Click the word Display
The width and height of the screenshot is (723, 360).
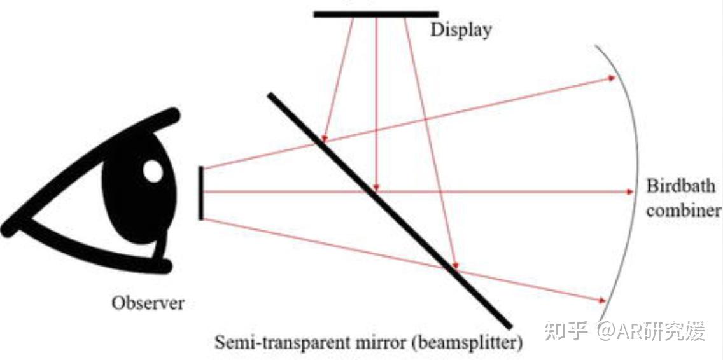click(461, 29)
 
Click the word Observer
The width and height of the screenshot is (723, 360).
click(148, 303)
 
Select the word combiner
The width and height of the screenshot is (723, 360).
click(684, 211)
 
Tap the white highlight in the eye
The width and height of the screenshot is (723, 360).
click(153, 170)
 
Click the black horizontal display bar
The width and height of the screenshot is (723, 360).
click(376, 14)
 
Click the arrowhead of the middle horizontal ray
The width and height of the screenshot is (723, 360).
click(629, 192)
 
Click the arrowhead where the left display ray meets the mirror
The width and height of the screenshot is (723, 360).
click(324, 138)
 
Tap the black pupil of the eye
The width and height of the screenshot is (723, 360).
click(130, 197)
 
